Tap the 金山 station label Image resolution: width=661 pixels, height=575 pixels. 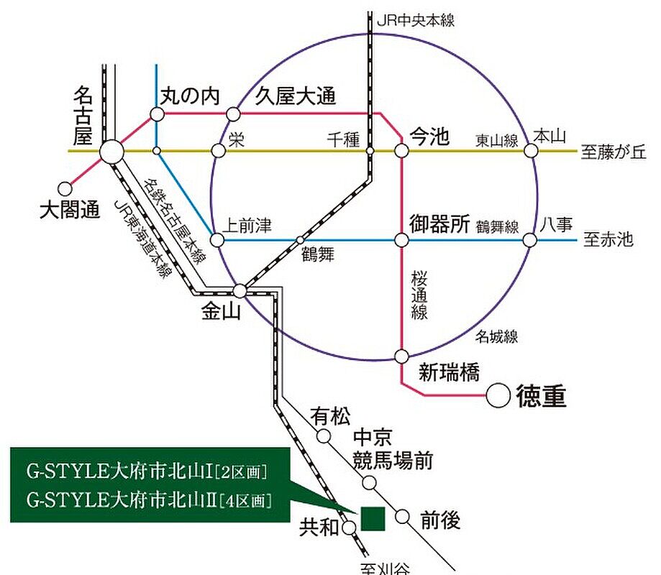(222, 312)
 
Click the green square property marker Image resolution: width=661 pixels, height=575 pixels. (373, 518)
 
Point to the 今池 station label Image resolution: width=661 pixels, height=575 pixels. (429, 137)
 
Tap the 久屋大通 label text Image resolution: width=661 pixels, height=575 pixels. (295, 96)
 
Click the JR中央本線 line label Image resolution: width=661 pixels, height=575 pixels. (416, 20)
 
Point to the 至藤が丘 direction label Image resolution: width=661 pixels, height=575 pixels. (614, 152)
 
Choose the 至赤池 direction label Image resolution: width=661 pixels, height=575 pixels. (608, 239)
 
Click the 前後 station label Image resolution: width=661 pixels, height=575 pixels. (440, 520)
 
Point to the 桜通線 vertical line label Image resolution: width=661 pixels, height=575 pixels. (419, 295)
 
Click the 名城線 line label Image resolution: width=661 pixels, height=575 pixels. (496, 336)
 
